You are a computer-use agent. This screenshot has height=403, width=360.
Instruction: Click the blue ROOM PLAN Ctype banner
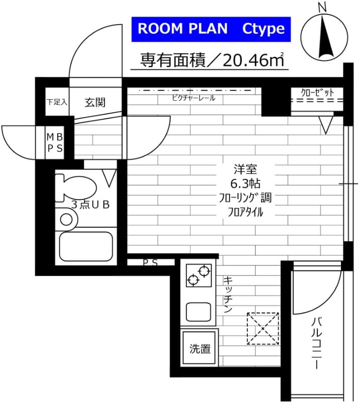click(x=211, y=29)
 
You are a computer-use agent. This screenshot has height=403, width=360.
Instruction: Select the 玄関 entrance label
click(x=95, y=102)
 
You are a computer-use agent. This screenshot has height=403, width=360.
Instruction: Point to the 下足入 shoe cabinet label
click(x=57, y=102)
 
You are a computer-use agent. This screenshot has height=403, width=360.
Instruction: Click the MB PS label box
click(x=55, y=143)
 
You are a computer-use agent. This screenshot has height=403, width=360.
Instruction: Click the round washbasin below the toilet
click(x=66, y=219)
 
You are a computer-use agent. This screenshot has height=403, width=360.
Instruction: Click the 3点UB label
click(x=91, y=205)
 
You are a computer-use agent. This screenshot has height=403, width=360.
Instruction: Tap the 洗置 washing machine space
click(x=200, y=349)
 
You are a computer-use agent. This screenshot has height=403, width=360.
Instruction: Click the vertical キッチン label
click(x=227, y=295)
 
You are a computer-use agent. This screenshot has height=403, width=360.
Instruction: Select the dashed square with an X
click(x=262, y=328)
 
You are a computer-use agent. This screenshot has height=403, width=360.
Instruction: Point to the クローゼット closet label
click(x=318, y=93)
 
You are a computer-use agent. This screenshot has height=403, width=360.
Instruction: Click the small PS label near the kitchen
click(x=150, y=262)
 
